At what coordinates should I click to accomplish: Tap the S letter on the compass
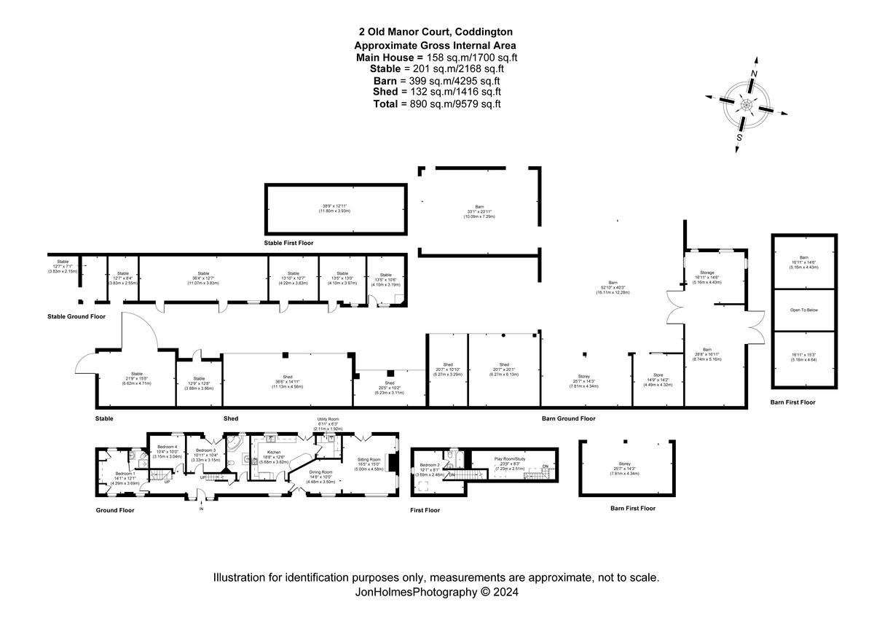pos(739,137)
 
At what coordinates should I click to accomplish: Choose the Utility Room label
pos(328,420)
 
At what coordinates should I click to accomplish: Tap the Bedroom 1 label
pos(125,474)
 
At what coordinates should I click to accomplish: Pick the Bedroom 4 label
pos(166,447)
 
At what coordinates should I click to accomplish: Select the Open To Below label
pos(804,310)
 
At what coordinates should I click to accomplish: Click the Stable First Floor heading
pos(288,243)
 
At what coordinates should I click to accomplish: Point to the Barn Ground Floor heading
pos(569,419)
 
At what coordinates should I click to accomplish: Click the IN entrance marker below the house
pos(201,509)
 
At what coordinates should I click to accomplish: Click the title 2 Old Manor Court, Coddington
pos(436,32)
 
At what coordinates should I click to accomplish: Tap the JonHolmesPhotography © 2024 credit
pos(436,592)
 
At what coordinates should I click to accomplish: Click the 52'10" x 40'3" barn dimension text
pos(613,286)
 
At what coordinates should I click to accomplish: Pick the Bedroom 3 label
pos(205,450)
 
